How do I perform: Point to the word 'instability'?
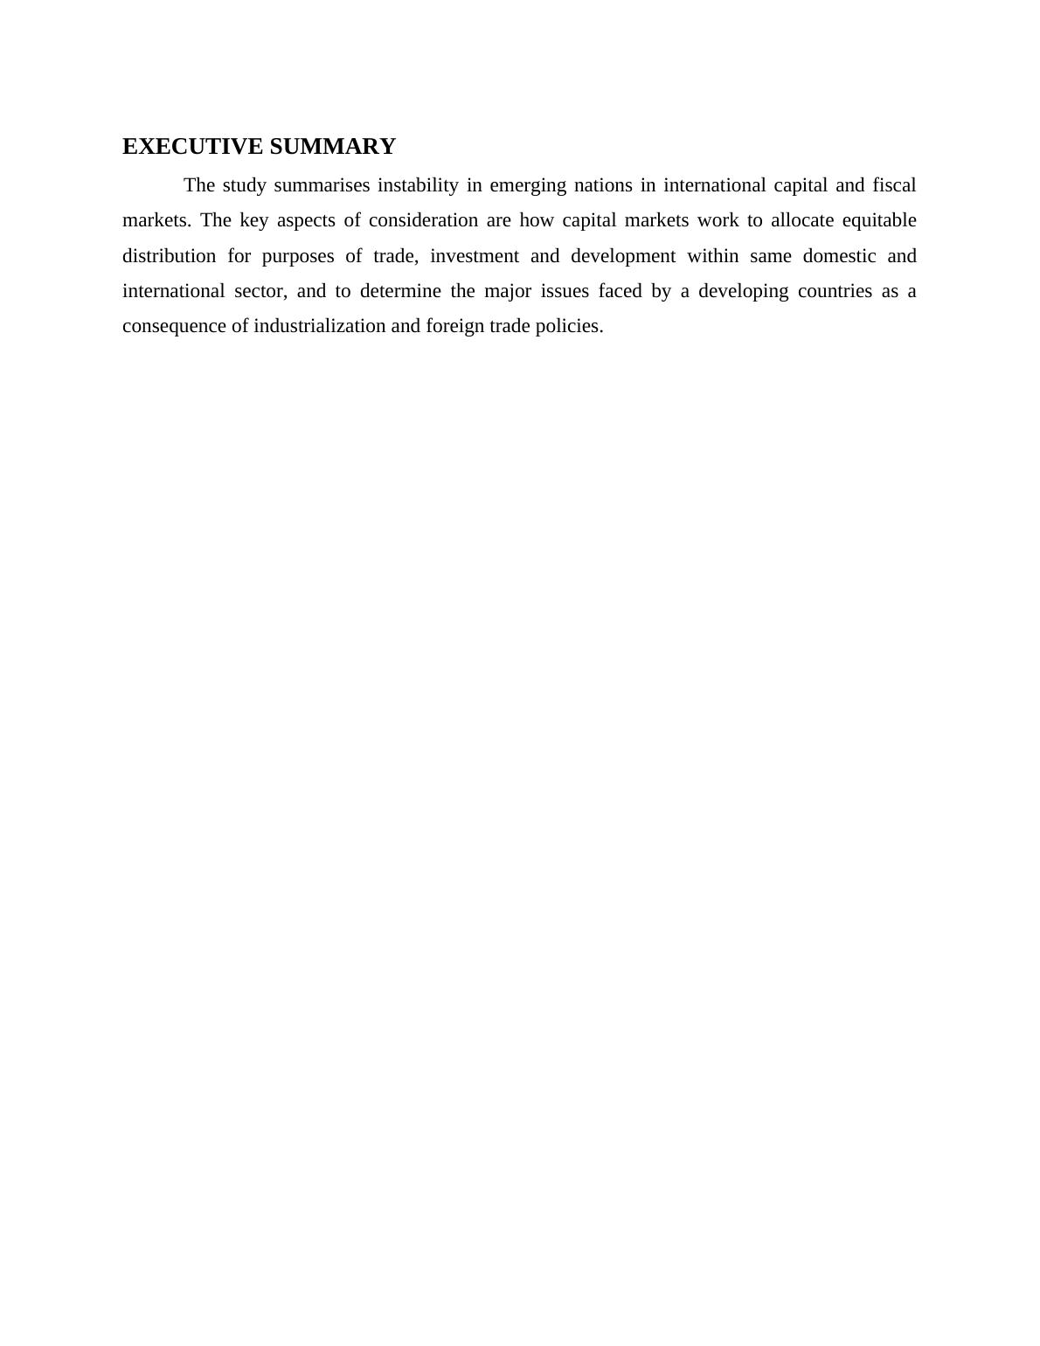(x=418, y=185)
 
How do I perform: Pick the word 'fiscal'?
(x=894, y=185)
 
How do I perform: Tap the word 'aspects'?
(x=306, y=221)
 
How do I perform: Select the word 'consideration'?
(x=423, y=220)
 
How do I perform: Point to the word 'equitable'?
(x=879, y=221)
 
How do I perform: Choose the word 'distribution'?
(x=169, y=256)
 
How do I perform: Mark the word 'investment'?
(x=475, y=256)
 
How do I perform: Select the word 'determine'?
(x=400, y=291)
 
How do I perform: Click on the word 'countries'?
(x=835, y=291)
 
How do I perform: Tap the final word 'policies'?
(x=569, y=327)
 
